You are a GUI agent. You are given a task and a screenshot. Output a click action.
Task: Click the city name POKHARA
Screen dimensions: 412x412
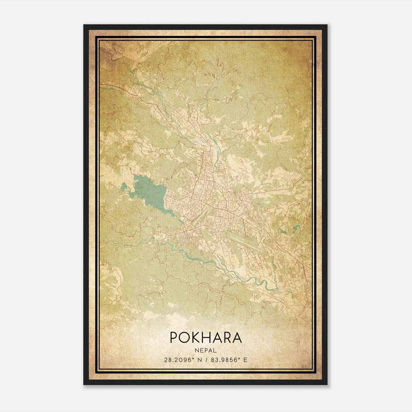tap(206, 337)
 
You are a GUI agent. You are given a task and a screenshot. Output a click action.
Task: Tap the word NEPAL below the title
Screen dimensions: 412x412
tap(206, 350)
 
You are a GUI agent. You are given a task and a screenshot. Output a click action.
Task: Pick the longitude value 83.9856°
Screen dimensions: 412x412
tap(227, 360)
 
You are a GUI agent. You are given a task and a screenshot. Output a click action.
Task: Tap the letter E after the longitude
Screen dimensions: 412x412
tap(245, 360)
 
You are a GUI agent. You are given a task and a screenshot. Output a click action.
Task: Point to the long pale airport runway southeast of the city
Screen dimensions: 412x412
tap(245, 242)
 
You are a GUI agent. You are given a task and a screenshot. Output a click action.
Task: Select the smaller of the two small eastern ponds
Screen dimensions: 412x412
tap(283, 231)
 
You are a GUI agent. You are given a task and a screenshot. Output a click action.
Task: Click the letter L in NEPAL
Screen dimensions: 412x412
tap(215, 350)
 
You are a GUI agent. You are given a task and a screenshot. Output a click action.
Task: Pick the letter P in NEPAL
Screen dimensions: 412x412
tap(206, 350)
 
